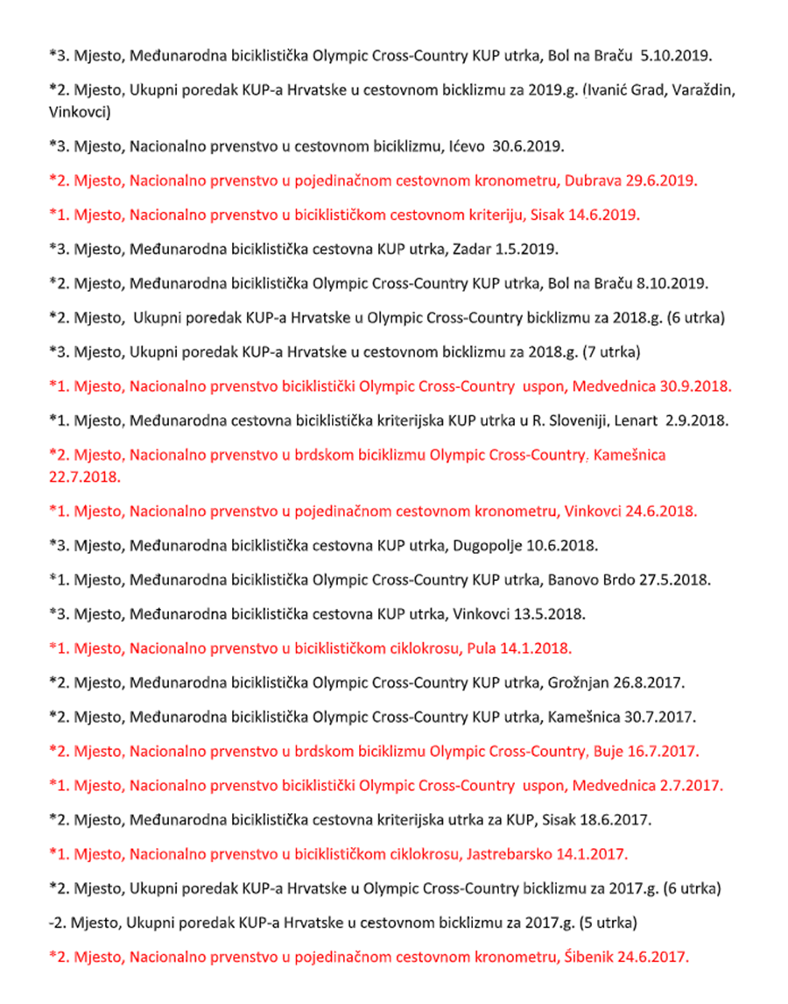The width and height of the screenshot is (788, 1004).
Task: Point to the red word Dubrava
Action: [598, 182]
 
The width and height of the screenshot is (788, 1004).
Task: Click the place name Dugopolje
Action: [487, 545]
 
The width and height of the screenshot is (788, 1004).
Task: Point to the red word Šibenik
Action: [597, 957]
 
